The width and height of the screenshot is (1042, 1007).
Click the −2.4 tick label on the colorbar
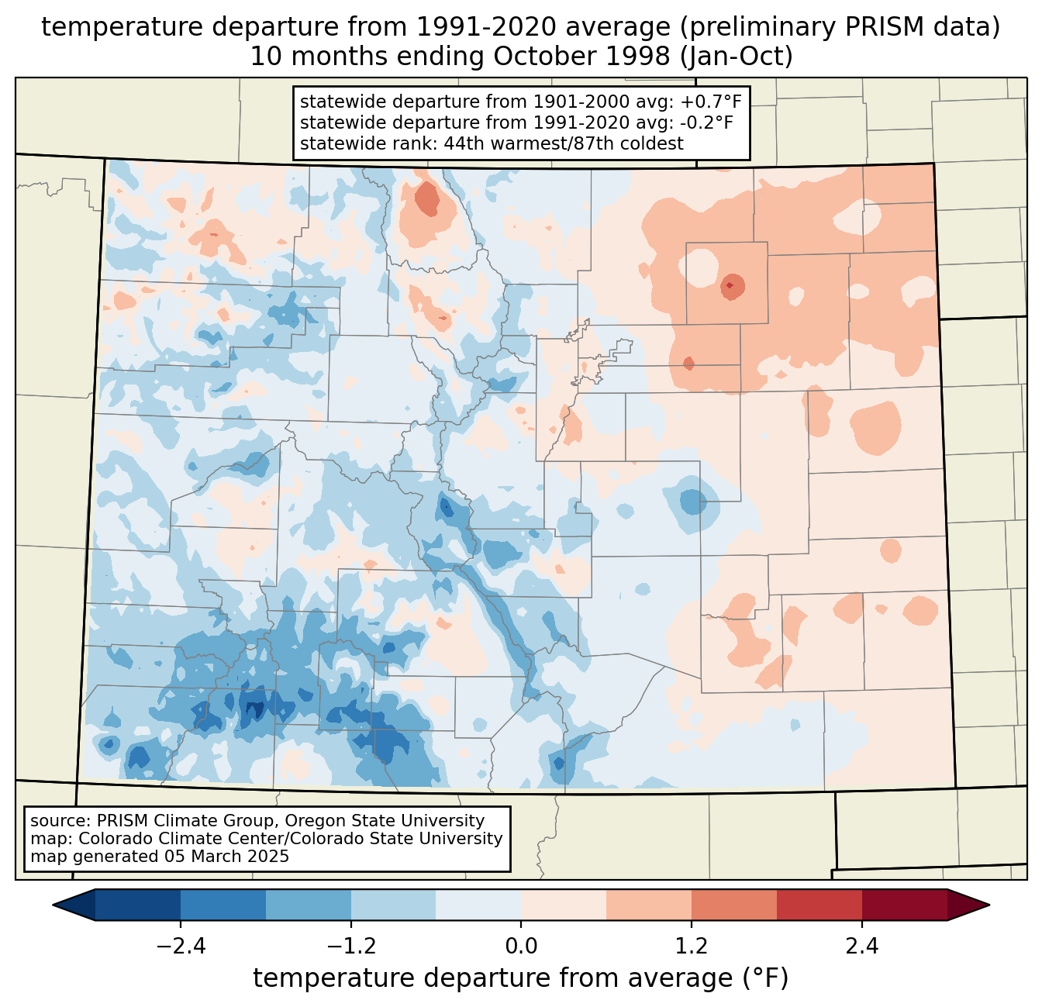tap(181, 947)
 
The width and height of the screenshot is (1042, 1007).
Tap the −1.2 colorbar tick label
tap(350, 947)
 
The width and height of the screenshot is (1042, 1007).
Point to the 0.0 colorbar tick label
tap(521, 947)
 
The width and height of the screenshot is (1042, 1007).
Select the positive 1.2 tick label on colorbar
tap(692, 947)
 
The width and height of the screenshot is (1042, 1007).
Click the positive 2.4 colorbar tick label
tap(861, 947)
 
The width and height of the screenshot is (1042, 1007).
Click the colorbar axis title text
tap(521, 978)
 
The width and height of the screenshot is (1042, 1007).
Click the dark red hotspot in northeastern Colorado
tap(730, 286)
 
